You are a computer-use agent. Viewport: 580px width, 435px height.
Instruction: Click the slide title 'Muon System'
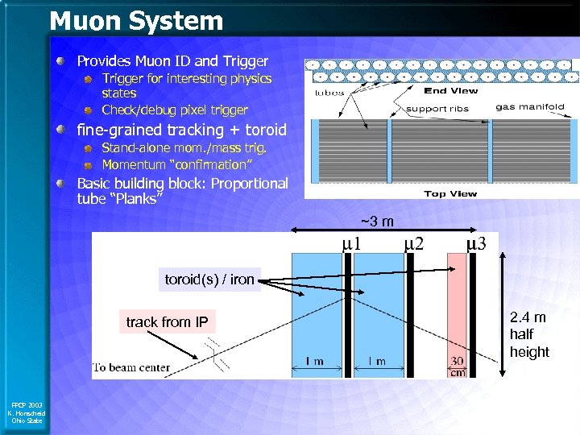click(x=136, y=21)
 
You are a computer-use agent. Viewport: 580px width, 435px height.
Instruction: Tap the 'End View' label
click(x=451, y=91)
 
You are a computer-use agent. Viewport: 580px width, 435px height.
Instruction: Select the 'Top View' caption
click(x=451, y=193)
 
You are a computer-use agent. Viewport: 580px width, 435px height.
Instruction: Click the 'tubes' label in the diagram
click(x=329, y=93)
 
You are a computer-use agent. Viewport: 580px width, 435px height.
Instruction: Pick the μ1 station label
click(x=350, y=242)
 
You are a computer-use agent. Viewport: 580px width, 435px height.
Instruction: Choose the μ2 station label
click(x=413, y=242)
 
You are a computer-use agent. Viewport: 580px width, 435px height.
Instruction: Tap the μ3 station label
click(x=476, y=242)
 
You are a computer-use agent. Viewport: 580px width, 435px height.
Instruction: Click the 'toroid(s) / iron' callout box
click(x=209, y=280)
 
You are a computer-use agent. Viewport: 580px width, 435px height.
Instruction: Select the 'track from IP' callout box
click(x=167, y=322)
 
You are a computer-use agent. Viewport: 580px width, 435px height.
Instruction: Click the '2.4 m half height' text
click(x=529, y=334)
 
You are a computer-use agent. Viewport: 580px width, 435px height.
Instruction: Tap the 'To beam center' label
click(x=132, y=368)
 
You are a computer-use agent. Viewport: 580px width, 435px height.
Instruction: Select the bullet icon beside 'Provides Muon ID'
click(x=62, y=61)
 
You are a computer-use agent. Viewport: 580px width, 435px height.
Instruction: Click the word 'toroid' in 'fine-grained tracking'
click(x=266, y=130)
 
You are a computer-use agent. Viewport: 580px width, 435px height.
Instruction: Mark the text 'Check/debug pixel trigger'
click(x=175, y=110)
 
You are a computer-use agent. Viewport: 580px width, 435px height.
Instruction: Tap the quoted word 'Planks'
click(x=136, y=199)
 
